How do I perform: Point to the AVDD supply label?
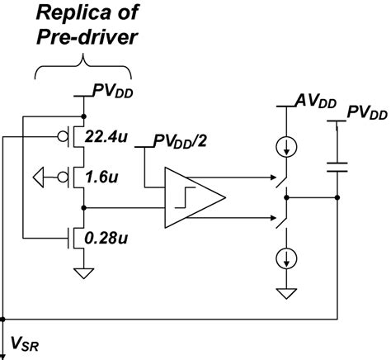tap(313, 101)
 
